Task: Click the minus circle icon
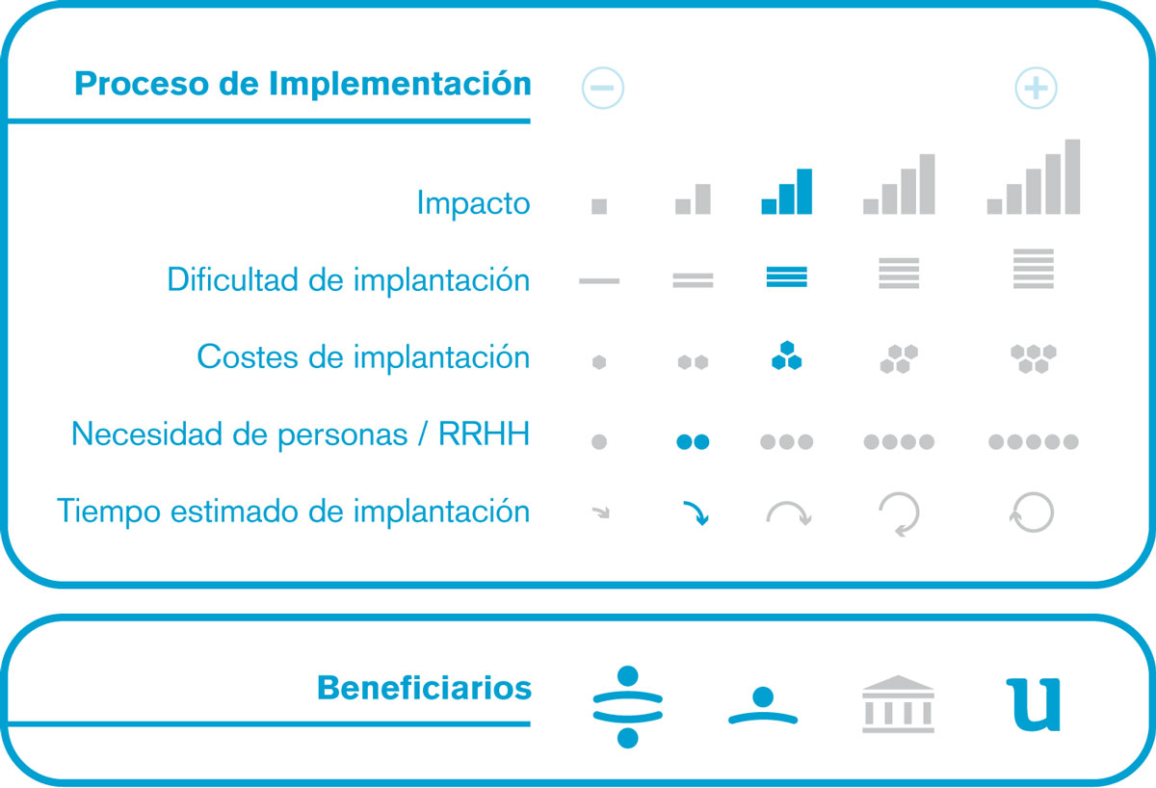click(x=602, y=88)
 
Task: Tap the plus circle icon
click(x=1036, y=88)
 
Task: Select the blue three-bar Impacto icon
click(x=786, y=192)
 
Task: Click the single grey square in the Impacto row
click(x=599, y=206)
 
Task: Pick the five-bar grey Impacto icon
click(x=1033, y=176)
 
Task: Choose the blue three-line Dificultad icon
click(x=786, y=276)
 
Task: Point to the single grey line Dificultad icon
click(x=599, y=281)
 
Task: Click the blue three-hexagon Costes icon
click(x=786, y=355)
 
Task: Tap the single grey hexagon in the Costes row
click(x=599, y=362)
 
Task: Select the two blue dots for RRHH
click(x=693, y=442)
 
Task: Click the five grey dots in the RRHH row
click(x=1033, y=442)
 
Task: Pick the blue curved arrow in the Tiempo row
click(x=697, y=511)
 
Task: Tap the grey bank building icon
click(x=898, y=704)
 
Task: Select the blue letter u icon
click(x=1033, y=705)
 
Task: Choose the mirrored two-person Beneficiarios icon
click(x=627, y=706)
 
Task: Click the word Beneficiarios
click(x=424, y=688)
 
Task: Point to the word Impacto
click(x=473, y=203)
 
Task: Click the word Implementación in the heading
click(x=400, y=84)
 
